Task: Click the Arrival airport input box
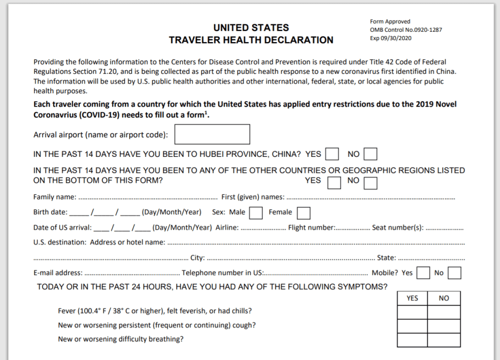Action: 212,134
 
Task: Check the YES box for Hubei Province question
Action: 332,154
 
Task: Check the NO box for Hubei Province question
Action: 371,154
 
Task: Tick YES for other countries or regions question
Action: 334,183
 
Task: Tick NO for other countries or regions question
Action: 371,183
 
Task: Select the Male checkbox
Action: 256,213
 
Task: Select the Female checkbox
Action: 304,213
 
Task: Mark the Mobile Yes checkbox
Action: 423,273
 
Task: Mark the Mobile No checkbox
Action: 454,273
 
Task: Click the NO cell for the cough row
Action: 444,326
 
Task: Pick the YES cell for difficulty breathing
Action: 412,339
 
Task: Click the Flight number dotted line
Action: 353,228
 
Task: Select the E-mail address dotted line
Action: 131,274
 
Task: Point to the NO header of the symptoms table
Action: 444,298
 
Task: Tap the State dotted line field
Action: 432,258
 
